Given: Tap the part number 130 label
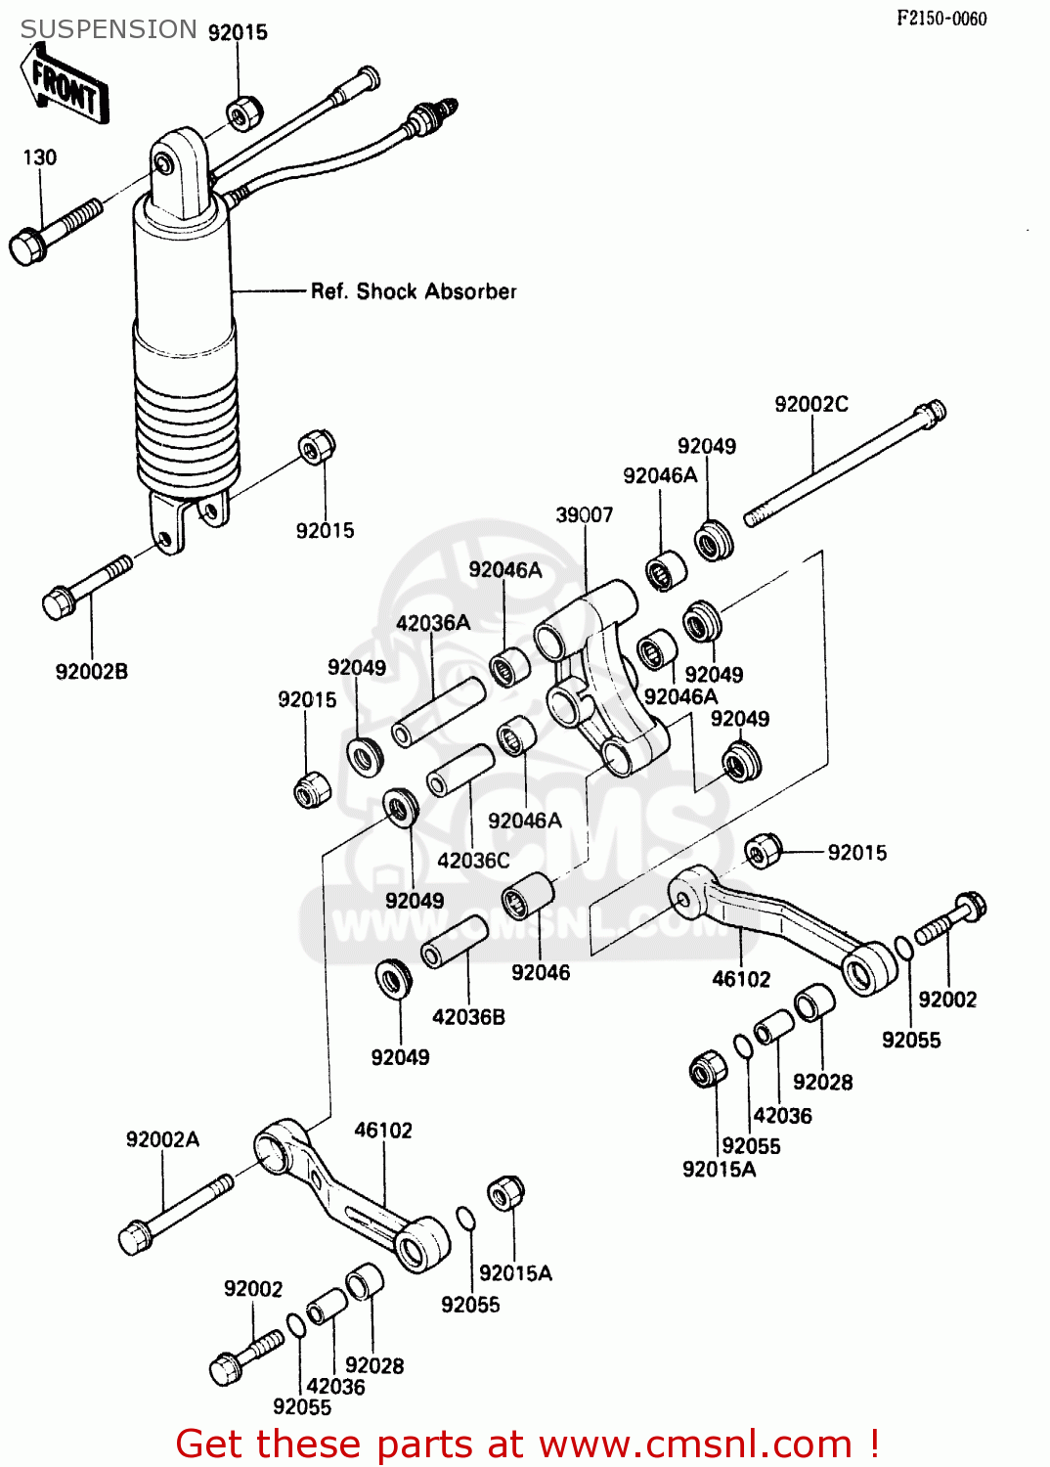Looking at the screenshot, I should click(40, 157).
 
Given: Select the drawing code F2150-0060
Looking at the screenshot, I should click(941, 19).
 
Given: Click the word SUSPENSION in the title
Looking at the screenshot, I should click(109, 30).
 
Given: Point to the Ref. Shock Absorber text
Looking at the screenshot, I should click(413, 291).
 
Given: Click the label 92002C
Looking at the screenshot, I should click(810, 404).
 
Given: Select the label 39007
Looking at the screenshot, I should click(584, 514).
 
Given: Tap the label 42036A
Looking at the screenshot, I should click(432, 622).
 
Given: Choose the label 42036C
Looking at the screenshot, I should click(473, 861).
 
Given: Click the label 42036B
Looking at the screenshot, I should click(468, 1017).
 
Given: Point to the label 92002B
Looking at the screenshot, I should click(91, 672).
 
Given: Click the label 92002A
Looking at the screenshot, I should click(162, 1139).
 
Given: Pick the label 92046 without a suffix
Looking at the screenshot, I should click(540, 972).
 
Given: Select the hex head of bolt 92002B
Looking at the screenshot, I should click(58, 602).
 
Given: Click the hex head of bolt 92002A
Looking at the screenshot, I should click(134, 1237).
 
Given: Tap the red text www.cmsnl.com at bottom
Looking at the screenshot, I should click(695, 1445).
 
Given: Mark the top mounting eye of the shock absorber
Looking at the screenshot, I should click(165, 165).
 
